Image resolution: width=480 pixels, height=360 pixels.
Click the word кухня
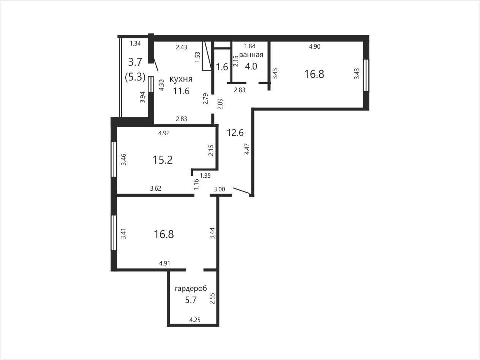tap(181, 79)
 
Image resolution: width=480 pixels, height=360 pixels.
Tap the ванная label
tap(251, 55)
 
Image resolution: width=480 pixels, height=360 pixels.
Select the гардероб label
tap(191, 289)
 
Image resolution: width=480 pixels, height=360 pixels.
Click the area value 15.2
tap(163, 160)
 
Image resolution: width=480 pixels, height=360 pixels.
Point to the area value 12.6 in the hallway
tap(235, 133)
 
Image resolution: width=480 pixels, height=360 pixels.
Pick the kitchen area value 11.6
tap(181, 91)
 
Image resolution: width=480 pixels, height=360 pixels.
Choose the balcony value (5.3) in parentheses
tap(135, 77)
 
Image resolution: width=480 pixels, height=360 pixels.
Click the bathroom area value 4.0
tap(251, 66)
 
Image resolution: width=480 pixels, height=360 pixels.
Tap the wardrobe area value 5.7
tap(191, 300)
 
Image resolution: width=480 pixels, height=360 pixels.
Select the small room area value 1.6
tap(222, 67)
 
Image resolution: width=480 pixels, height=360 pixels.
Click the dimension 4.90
tap(314, 46)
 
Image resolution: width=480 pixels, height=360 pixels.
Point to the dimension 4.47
tap(247, 149)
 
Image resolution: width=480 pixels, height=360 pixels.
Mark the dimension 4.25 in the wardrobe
tap(195, 320)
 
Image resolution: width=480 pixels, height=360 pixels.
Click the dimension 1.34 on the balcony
tap(135, 43)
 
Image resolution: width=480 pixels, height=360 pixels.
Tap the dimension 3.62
tap(155, 188)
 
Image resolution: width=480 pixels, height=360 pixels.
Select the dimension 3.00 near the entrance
tap(219, 189)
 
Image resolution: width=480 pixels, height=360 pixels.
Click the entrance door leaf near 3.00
tap(242, 191)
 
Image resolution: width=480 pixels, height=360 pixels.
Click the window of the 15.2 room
tap(114, 159)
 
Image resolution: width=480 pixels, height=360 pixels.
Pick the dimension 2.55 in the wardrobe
tap(212, 298)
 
